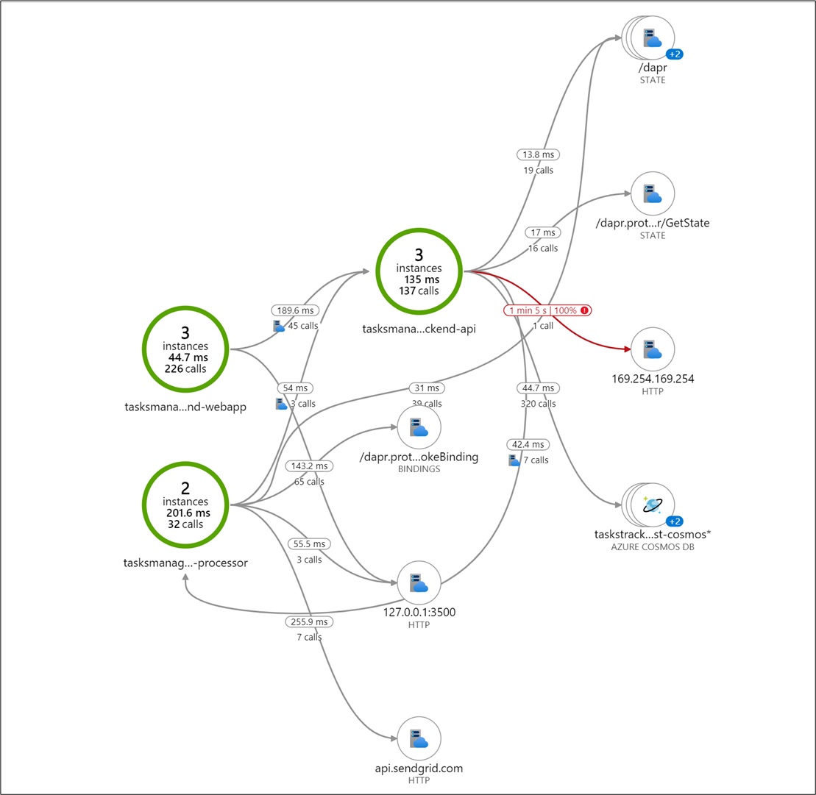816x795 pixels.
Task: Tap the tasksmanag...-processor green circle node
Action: (185, 505)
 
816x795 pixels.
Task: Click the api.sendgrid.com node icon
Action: (419, 739)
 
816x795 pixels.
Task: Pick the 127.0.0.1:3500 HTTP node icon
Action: (419, 583)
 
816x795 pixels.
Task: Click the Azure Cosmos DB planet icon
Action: (652, 505)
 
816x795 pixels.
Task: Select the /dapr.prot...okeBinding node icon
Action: (419, 427)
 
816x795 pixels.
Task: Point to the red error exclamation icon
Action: (584, 310)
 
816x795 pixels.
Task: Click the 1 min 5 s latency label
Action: (527, 310)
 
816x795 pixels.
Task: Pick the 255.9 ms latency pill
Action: (309, 622)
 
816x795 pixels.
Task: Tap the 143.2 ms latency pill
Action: (309, 466)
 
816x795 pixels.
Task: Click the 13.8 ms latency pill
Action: (539, 154)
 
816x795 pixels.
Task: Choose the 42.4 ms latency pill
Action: (527, 445)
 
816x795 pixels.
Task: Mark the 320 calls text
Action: (537, 404)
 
